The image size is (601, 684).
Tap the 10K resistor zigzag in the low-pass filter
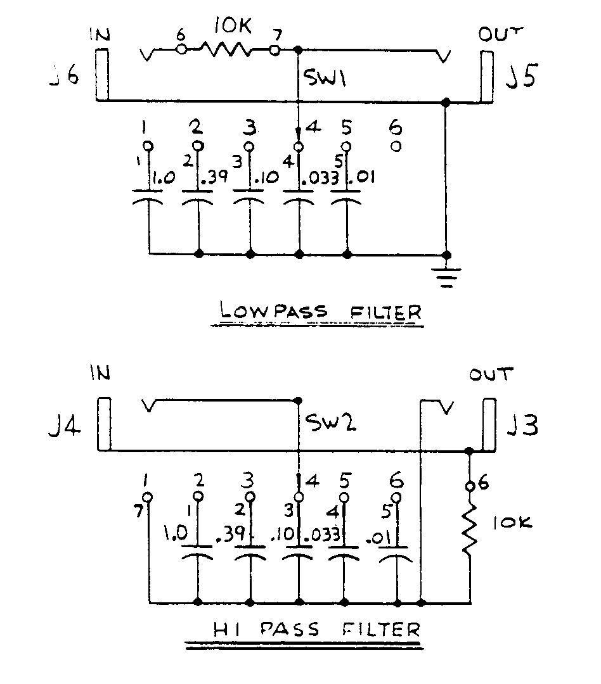(228, 49)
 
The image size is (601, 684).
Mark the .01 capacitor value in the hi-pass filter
(378, 539)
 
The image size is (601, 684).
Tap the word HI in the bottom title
(223, 630)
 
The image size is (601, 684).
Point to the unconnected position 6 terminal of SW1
(396, 146)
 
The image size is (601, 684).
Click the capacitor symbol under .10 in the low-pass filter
(250, 200)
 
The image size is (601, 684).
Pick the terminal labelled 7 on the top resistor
(275, 49)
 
